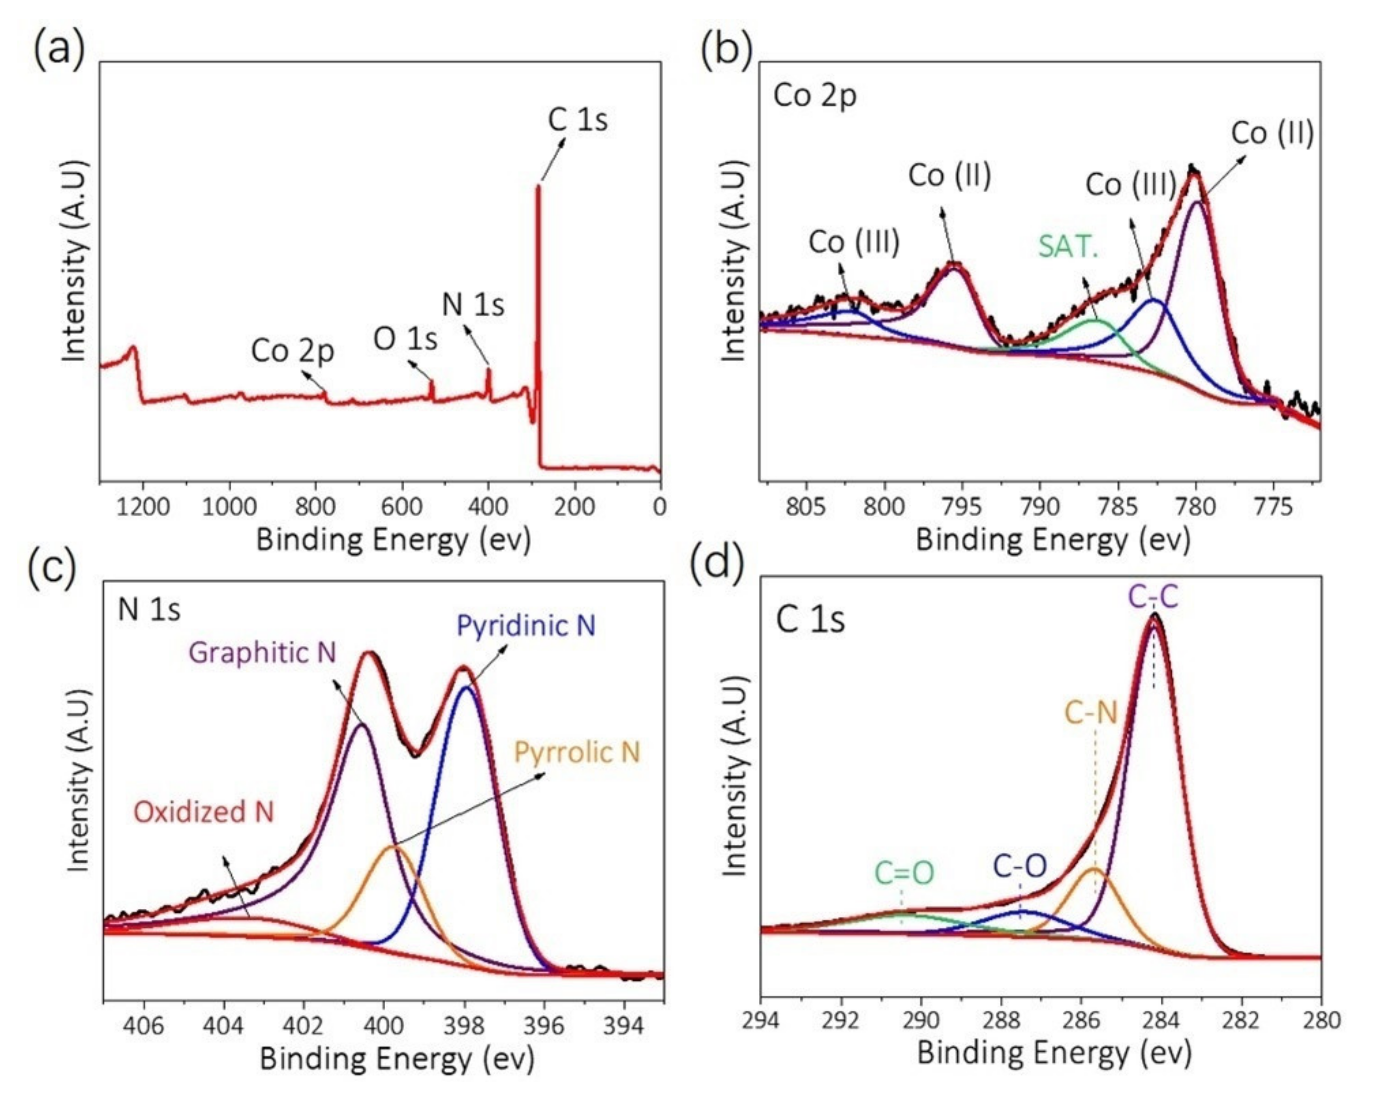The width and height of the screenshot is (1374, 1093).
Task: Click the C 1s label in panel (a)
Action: coord(578,120)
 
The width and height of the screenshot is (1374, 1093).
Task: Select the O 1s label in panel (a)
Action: coord(405,339)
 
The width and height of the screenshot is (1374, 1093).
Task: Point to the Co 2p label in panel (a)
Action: coord(292,351)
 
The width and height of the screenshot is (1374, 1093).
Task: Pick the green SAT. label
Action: coord(1068,247)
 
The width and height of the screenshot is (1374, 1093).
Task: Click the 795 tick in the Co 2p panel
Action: coord(962,507)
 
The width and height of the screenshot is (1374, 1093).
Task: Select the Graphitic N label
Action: coord(263,653)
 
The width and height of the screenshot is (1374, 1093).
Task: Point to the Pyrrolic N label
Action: coord(577,752)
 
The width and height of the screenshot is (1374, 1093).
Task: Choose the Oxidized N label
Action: coord(203,812)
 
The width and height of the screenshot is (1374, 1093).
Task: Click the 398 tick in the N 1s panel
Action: coord(464,1026)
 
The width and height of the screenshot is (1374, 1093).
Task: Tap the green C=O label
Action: coord(904,873)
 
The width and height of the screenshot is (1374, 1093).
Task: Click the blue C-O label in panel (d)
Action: coord(1020,866)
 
